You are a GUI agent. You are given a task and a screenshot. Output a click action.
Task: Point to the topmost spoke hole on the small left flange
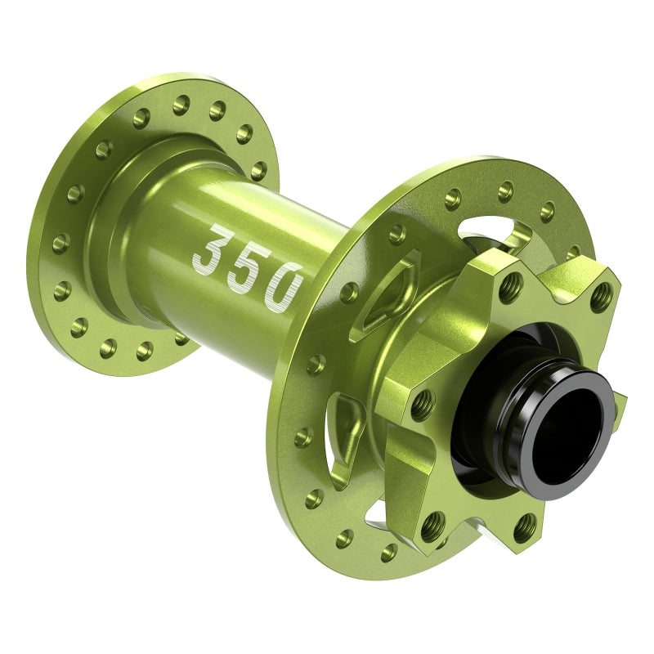click(181, 104)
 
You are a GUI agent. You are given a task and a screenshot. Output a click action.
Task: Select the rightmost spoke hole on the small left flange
click(258, 171)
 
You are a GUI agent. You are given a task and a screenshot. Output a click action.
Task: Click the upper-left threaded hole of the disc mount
click(513, 283)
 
